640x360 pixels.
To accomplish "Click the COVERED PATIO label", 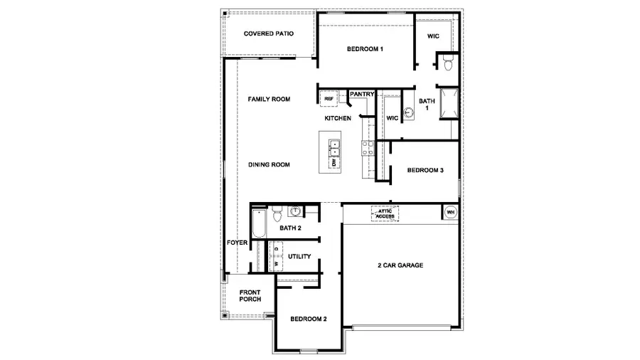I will [269, 33].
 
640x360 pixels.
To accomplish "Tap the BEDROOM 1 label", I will [365, 49].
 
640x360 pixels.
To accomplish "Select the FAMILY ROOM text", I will [269, 100].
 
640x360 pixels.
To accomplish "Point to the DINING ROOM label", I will [269, 165].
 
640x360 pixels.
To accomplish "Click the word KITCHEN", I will [338, 118].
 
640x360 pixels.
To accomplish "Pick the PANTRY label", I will [362, 94].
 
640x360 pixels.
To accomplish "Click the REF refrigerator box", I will [329, 100].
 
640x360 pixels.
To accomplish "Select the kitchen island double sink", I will [334, 147].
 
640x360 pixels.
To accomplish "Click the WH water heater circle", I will [450, 212].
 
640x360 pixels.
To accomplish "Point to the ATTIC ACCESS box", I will [385, 213].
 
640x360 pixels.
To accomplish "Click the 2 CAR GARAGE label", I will [400, 265].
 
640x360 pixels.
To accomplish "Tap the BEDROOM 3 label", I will [425, 171].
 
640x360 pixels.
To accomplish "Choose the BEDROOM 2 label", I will [309, 319].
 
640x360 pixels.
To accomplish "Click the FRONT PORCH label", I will [250, 296].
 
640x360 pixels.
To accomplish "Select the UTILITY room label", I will [299, 256].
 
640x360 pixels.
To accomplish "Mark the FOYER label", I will [237, 243].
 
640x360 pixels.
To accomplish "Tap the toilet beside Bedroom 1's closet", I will [448, 65].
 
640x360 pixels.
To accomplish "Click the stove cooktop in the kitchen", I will [368, 147].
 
